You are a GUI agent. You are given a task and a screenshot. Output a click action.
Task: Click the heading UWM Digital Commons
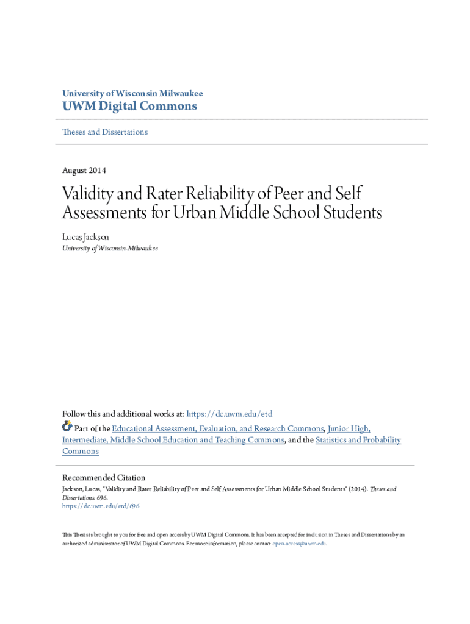click(129, 107)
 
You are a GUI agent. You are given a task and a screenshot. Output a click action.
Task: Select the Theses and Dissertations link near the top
click(105, 132)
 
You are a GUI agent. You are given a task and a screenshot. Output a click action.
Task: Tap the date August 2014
click(84, 171)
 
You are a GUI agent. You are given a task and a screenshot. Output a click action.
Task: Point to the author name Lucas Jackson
click(86, 236)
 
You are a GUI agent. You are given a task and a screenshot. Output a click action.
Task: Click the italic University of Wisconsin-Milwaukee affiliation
click(110, 249)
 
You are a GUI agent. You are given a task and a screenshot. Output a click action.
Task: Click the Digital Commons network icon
click(67, 427)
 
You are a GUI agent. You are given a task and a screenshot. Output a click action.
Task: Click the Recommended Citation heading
click(104, 478)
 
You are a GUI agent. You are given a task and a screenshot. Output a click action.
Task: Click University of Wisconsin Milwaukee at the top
click(132, 94)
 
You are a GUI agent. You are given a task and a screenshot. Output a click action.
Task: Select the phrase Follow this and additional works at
click(123, 414)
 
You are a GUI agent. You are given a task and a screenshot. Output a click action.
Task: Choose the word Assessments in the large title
click(99, 213)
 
